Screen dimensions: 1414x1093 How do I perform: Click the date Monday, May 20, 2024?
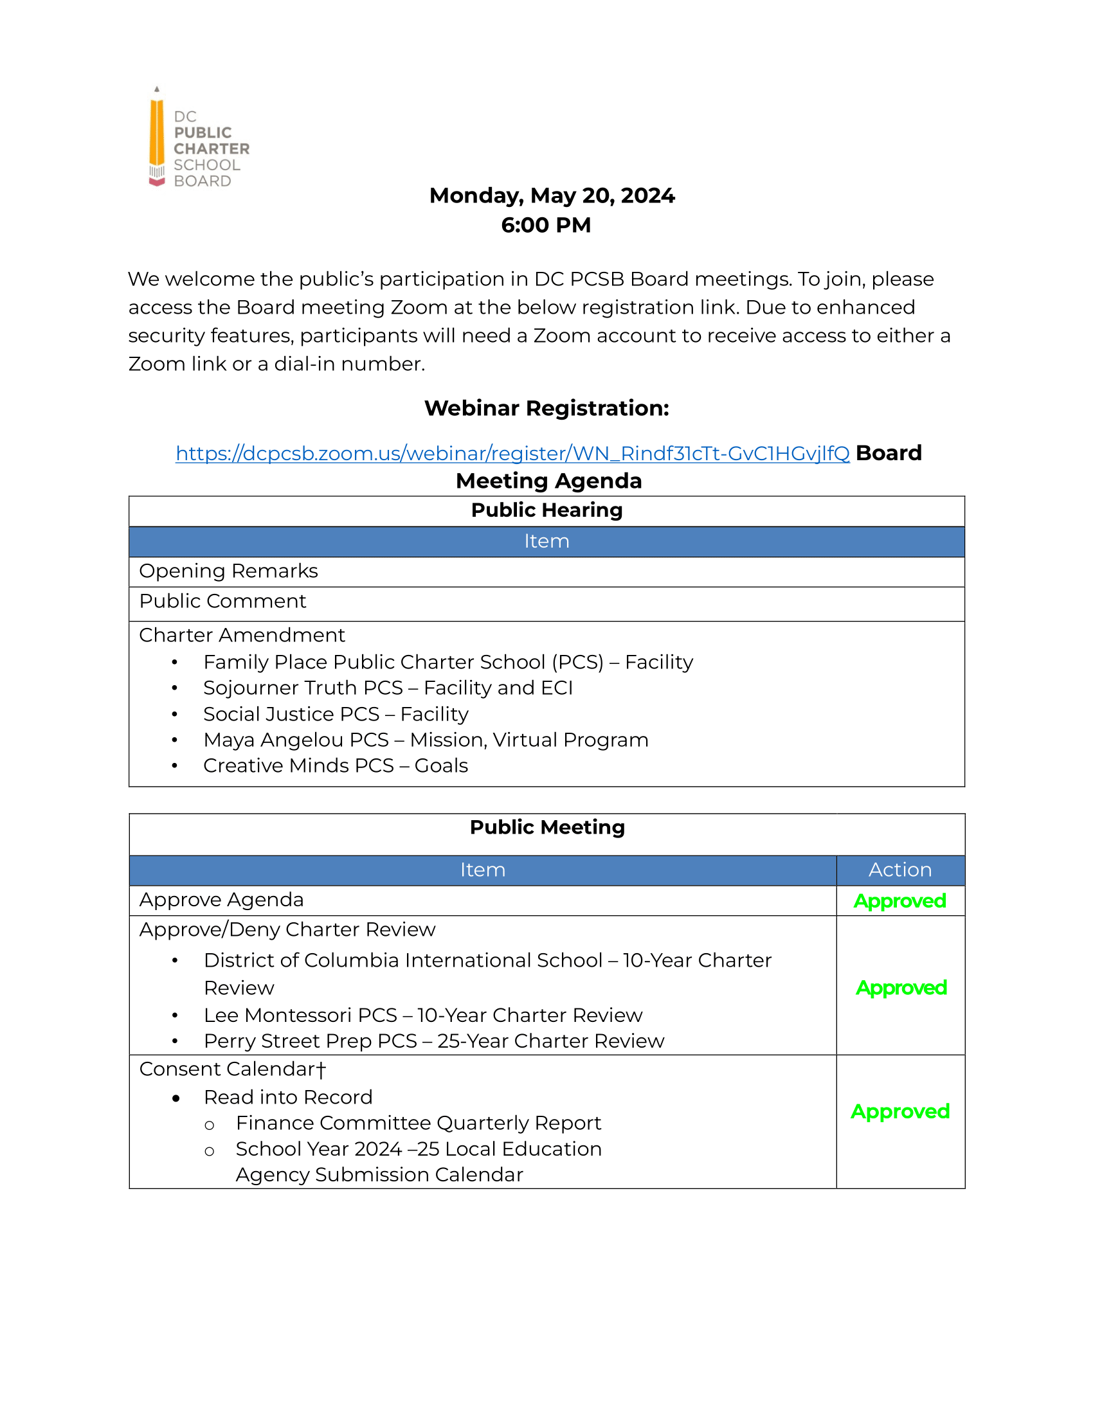pos(552,195)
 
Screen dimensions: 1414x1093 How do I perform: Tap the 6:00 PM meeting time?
pos(546,226)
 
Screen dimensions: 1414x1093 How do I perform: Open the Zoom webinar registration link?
pos(512,453)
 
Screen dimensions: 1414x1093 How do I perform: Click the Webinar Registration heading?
pos(546,409)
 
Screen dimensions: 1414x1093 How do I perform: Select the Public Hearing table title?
pos(546,510)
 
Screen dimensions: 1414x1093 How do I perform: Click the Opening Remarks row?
pos(229,571)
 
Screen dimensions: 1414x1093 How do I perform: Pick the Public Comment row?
pos(222,602)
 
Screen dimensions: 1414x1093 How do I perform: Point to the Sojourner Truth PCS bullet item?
pos(388,688)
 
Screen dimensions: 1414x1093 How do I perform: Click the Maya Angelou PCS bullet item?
pos(426,740)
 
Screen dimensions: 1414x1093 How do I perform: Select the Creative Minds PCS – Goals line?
pos(336,766)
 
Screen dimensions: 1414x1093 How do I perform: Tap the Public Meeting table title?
pos(547,827)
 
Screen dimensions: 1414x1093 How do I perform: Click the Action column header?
pos(900,870)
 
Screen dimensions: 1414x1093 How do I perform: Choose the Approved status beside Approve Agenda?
pos(900,901)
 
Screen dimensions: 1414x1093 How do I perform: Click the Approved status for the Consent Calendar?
pos(900,1112)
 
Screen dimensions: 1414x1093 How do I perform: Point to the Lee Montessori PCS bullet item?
pos(423,1015)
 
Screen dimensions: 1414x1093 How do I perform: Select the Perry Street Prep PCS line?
pos(434,1041)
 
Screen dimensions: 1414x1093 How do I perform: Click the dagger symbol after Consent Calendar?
pos(322,1069)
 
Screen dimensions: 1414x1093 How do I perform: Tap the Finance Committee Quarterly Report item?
pos(419,1123)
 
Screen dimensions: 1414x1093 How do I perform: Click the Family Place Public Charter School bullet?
pos(448,662)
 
